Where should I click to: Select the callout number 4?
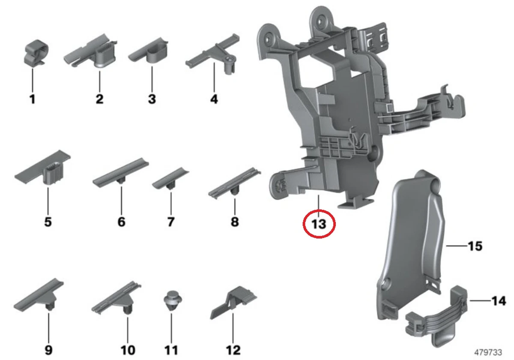coord(214,99)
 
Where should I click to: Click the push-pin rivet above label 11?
coord(171,300)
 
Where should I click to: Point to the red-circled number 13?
coord(319,223)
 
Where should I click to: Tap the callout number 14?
coord(499,301)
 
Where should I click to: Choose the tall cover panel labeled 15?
coord(411,240)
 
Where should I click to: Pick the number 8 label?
coord(235,222)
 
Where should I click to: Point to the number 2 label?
coord(99,100)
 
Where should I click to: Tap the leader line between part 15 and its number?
coord(455,246)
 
